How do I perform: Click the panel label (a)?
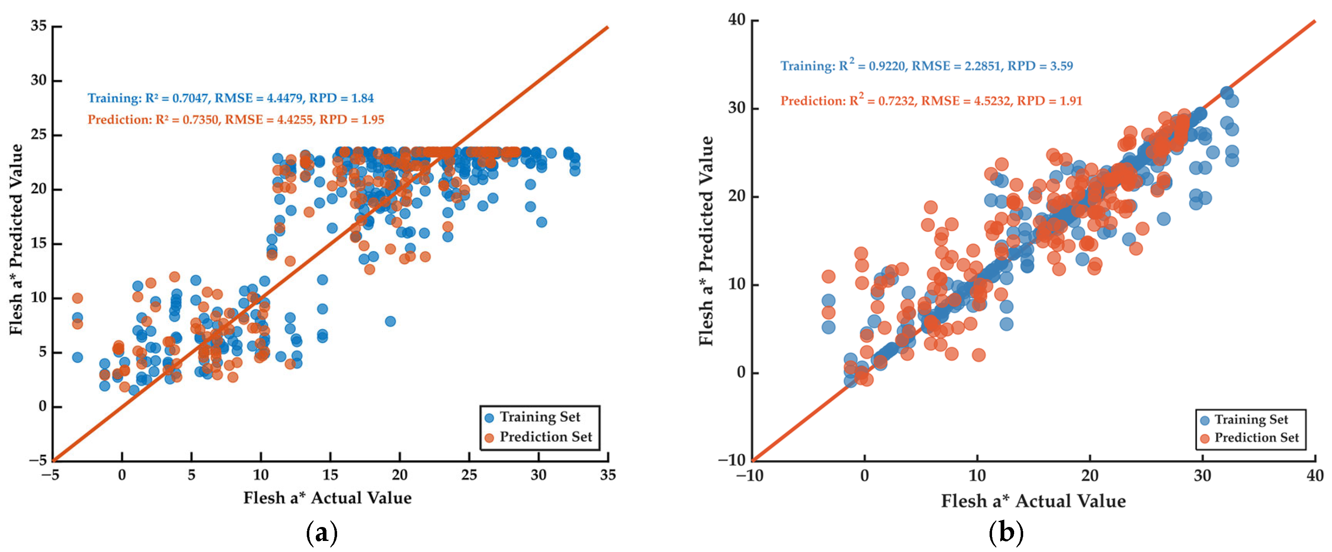tap(322, 533)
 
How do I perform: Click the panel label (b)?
tap(1006, 533)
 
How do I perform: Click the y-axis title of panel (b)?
tap(706, 241)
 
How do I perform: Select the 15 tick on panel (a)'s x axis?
tap(330, 475)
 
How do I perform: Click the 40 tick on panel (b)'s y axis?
tap(737, 20)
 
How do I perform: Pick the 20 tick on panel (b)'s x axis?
tap(1090, 475)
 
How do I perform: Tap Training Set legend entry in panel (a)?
tap(532, 417)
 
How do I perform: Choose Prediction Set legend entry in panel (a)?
tap(538, 437)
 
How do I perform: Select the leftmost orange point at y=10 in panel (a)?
tap(77, 298)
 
